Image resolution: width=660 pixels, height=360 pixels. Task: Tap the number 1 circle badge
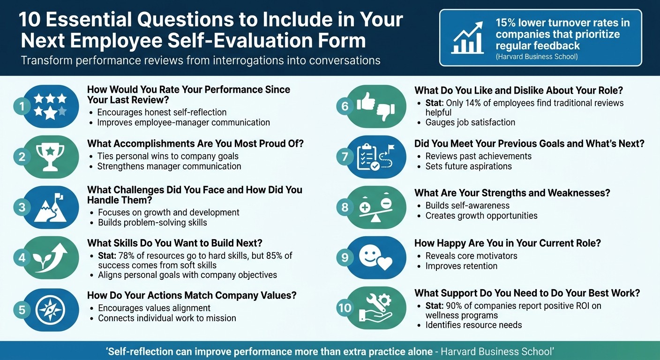click(x=22, y=106)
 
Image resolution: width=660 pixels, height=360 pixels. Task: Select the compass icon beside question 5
click(x=51, y=310)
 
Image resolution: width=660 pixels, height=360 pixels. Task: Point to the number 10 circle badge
click(x=345, y=308)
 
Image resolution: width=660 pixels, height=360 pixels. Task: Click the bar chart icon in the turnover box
click(x=467, y=38)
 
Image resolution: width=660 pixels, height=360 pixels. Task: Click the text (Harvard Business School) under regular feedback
click(x=536, y=56)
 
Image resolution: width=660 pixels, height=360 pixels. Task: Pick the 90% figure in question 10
click(x=455, y=306)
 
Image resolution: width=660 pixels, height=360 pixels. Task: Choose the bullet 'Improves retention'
click(x=461, y=266)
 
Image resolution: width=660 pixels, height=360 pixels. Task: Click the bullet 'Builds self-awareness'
click(x=467, y=205)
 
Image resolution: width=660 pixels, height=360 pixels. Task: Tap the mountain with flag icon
click(x=51, y=207)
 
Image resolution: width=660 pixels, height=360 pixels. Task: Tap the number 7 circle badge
click(x=345, y=157)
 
